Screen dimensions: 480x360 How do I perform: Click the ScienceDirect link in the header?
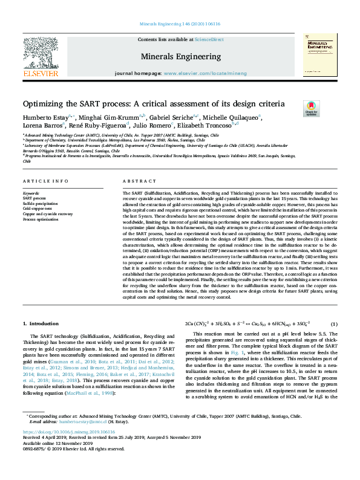pos(209,39)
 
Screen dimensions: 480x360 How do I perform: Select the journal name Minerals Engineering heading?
pos(180,57)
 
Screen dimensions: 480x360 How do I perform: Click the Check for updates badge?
pos(311,108)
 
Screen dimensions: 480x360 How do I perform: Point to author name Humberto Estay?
pos(47,117)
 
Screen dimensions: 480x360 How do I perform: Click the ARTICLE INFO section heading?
pos(45,181)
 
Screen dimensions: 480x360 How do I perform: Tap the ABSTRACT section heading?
pos(135,181)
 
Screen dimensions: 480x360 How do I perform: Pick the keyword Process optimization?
pos(41,219)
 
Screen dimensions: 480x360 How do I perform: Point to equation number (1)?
pos(333,324)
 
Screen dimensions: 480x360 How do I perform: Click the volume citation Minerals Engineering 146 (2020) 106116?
pos(180,24)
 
